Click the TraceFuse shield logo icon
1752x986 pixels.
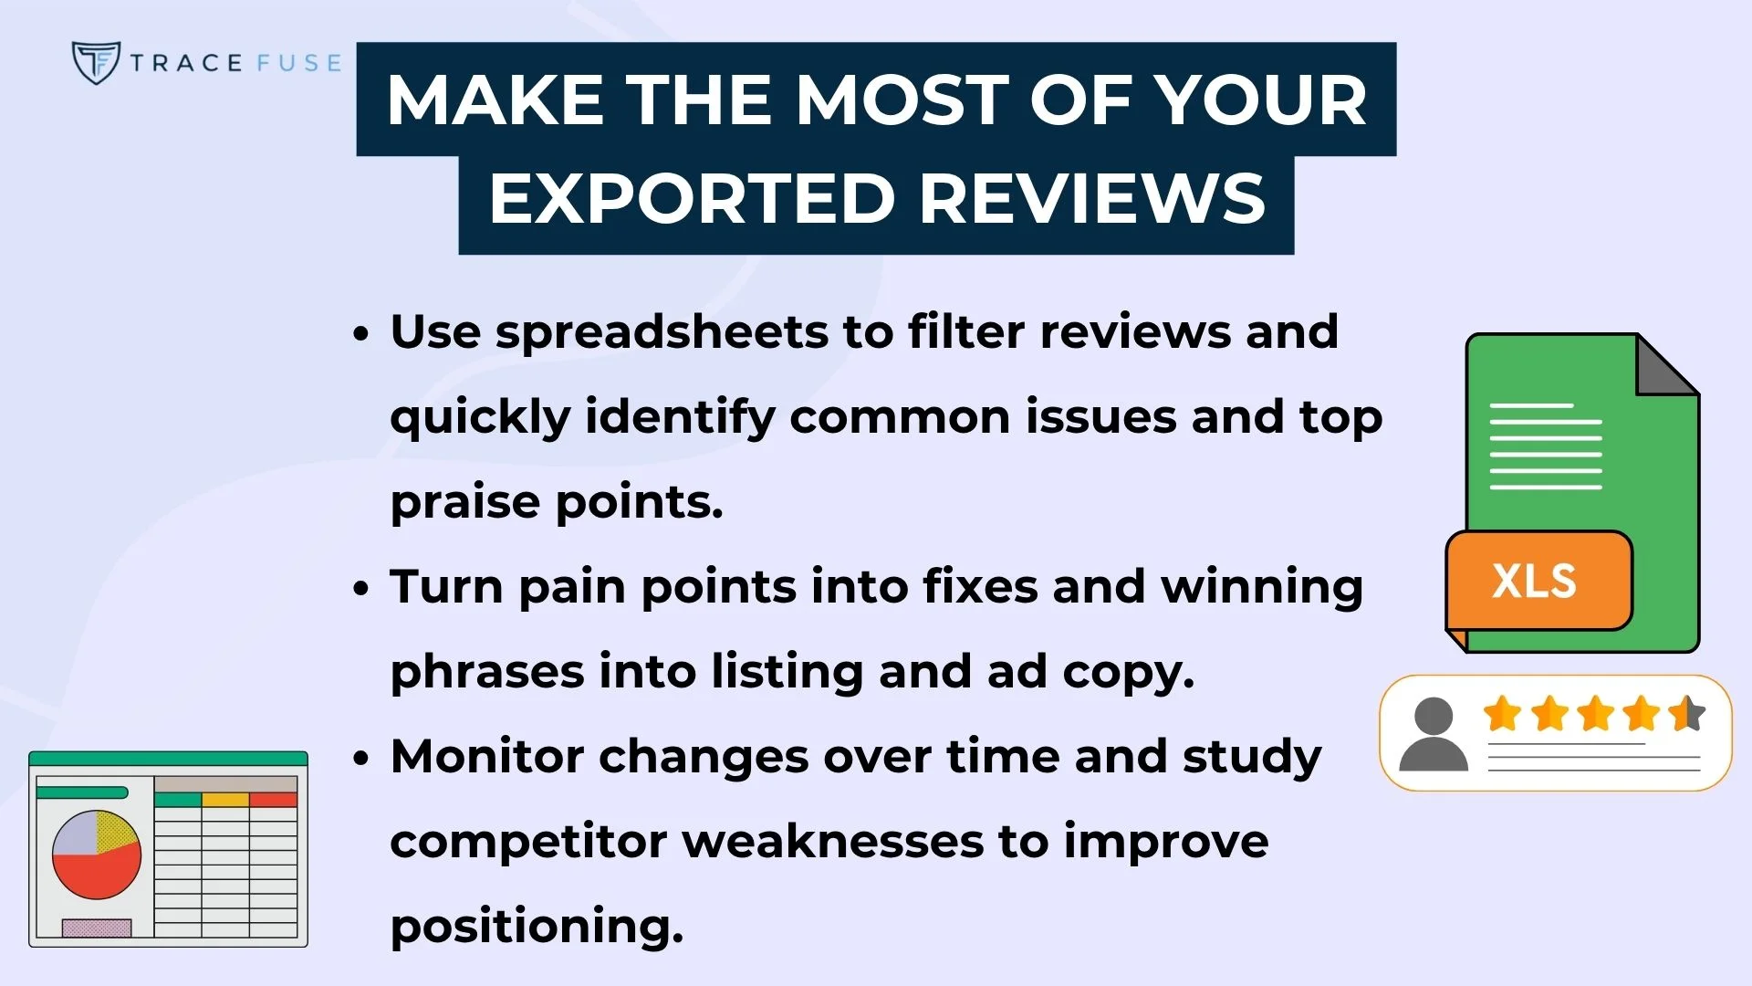[x=96, y=62]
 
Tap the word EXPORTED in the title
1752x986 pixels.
[x=691, y=199]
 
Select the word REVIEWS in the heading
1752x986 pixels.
[x=1092, y=199]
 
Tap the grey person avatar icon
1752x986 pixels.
[x=1433, y=734]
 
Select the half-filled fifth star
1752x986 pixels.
[x=1687, y=714]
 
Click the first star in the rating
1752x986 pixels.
[x=1502, y=714]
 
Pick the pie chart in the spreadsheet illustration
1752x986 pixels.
[x=97, y=855]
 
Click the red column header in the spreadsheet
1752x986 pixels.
[x=273, y=800]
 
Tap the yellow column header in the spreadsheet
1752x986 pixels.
[x=225, y=800]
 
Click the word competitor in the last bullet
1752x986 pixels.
[x=527, y=842]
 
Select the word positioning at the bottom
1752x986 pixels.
[x=536, y=927]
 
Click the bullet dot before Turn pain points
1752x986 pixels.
[x=361, y=589]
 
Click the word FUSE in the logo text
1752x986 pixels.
[x=298, y=63]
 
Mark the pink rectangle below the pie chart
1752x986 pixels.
[x=97, y=928]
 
